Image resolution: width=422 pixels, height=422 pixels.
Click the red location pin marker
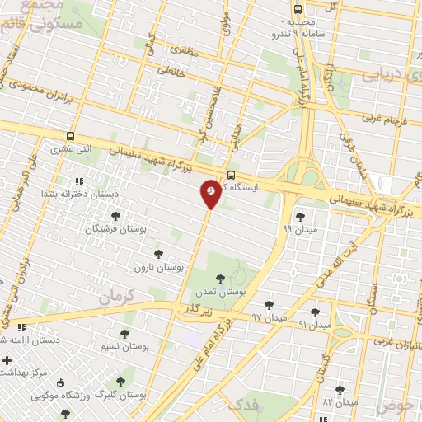(211, 194)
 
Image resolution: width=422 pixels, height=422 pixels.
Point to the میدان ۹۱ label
(314, 326)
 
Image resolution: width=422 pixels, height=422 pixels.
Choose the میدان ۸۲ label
(340, 402)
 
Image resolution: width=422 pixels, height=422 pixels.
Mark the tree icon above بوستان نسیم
(124, 334)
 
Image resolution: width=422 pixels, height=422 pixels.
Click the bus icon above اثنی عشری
(72, 137)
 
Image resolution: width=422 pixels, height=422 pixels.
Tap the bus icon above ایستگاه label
(231, 175)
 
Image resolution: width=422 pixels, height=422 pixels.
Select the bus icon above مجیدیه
(297, 10)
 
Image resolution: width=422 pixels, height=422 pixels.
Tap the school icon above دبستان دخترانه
(79, 181)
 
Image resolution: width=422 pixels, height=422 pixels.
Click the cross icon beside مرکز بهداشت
(7, 360)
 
